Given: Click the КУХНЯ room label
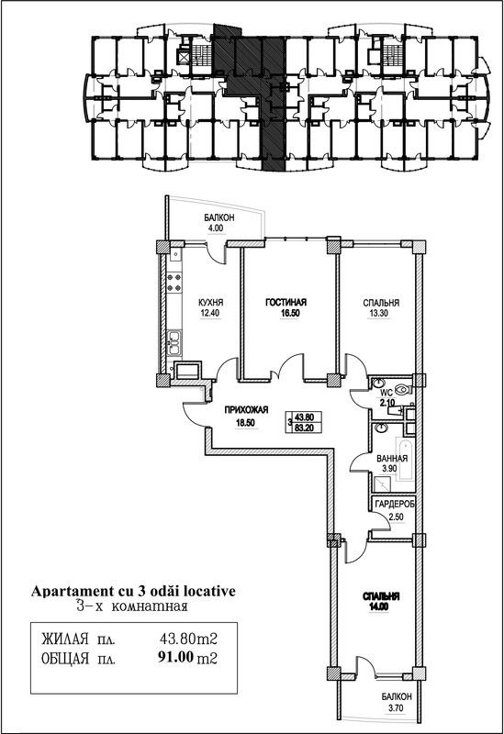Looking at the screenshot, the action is pyautogui.click(x=210, y=303).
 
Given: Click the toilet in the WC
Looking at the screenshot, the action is pyautogui.click(x=402, y=388).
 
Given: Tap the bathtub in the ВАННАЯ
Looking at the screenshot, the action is pyautogui.click(x=404, y=461).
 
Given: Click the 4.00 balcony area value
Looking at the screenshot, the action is pyautogui.click(x=216, y=228).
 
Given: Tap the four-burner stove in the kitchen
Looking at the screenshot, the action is pyautogui.click(x=174, y=283).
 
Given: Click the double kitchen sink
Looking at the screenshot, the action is pyautogui.click(x=174, y=343).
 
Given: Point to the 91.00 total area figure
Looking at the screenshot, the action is pyautogui.click(x=176, y=658).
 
